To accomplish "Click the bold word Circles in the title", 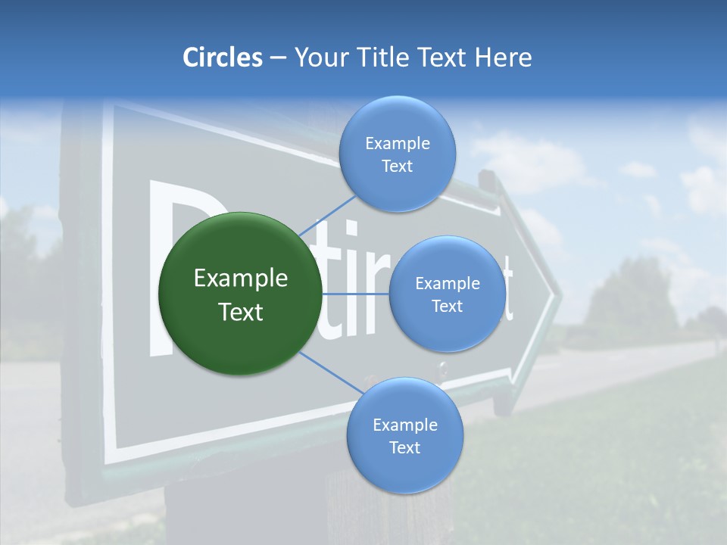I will click(222, 58).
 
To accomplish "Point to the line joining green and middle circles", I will click(356, 293).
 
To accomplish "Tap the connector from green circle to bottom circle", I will click(326, 371).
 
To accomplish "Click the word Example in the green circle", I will click(241, 279).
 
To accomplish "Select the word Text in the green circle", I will click(241, 312).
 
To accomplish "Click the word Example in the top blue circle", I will click(398, 144).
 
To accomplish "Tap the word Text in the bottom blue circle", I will click(404, 448).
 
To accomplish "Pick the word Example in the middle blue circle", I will click(448, 284).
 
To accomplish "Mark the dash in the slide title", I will click(278, 58).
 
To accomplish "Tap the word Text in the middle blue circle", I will click(448, 307).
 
